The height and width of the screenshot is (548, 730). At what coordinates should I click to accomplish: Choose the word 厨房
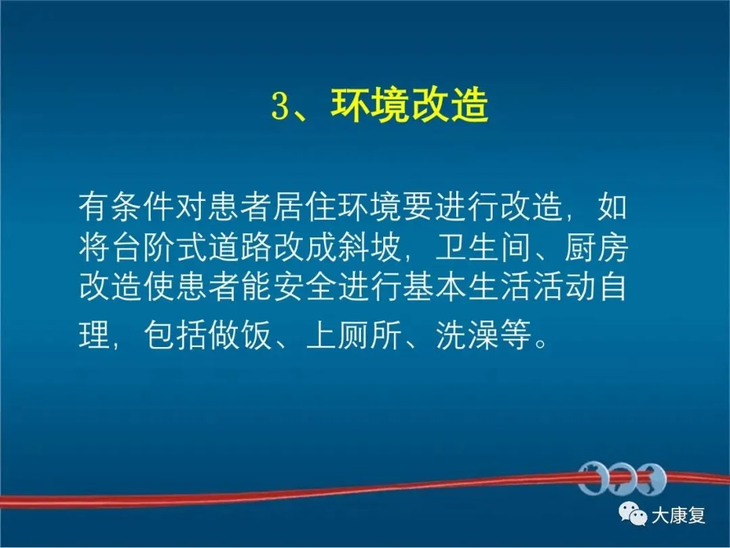pyautogui.click(x=596, y=246)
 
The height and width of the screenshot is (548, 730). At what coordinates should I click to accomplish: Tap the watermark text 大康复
pyautogui.click(x=678, y=515)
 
